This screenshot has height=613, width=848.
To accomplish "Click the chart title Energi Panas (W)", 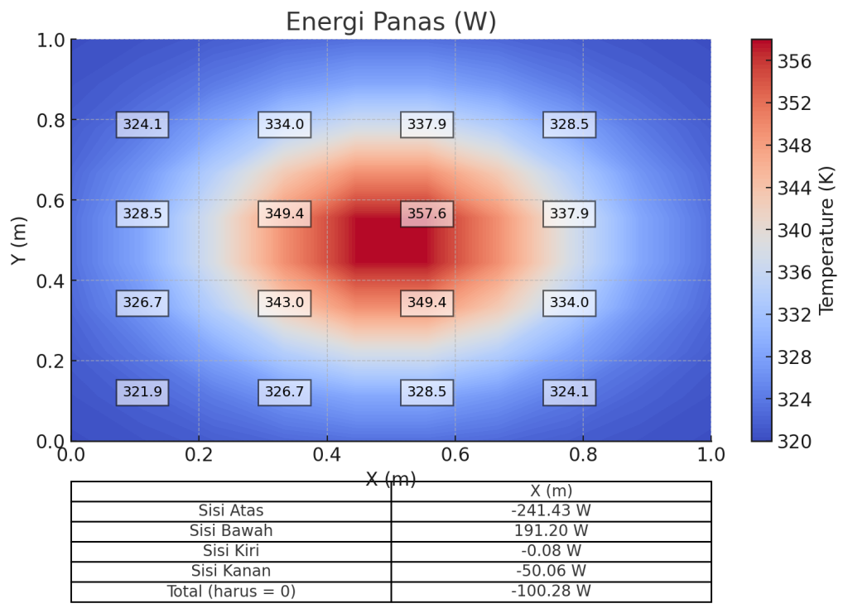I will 391,22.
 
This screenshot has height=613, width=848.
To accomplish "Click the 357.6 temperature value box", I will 426,213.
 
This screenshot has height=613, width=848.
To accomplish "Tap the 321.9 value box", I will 142,392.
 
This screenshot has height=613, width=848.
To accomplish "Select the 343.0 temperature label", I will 284,303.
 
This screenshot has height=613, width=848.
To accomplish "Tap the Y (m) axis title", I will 18,241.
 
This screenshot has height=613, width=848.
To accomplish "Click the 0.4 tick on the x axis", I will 327,454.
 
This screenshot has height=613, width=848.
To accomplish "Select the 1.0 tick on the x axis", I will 711,454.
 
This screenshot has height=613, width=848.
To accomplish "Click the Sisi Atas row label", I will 231,511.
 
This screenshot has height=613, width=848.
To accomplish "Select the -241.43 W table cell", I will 551,511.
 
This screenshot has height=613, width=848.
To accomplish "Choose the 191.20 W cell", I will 551,531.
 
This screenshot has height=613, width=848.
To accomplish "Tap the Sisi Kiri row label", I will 231,551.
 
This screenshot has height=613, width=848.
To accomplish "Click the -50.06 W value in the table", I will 551,571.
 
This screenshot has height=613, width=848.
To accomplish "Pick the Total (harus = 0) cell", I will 231,591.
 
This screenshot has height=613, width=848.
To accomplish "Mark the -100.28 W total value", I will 551,591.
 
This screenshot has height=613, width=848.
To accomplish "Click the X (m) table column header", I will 551,491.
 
